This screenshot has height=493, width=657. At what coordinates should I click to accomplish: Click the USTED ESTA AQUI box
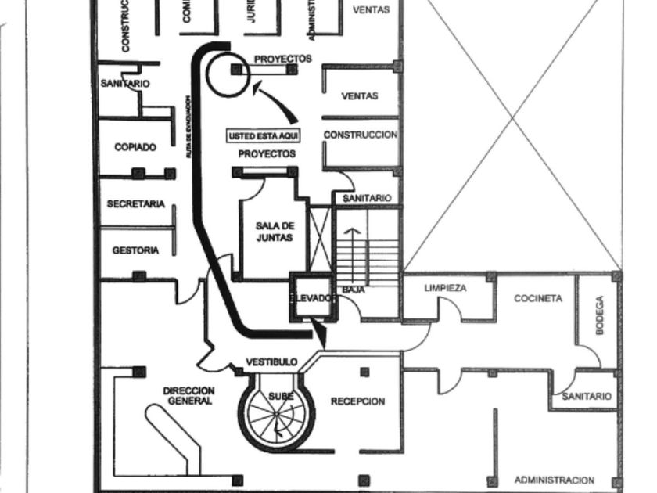[263, 136]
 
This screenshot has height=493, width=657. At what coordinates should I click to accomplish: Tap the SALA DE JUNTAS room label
[275, 232]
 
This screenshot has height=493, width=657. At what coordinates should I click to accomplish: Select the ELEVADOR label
[312, 298]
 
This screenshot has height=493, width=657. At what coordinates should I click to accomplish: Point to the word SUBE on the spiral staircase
[281, 397]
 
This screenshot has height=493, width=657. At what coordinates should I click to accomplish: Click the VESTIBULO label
[271, 362]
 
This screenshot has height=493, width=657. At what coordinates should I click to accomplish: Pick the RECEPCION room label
[357, 401]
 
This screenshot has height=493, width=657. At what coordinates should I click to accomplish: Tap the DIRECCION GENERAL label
[188, 396]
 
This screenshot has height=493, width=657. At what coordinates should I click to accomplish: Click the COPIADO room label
[135, 147]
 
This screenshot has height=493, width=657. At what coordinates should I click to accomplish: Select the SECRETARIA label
[135, 204]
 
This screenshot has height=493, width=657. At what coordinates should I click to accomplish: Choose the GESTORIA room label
[135, 250]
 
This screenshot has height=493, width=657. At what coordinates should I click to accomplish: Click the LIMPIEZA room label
[445, 288]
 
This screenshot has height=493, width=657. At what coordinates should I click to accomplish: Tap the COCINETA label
[537, 298]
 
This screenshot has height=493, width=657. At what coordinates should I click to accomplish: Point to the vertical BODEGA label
[600, 315]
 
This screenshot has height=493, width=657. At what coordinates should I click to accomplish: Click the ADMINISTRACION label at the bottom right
[554, 480]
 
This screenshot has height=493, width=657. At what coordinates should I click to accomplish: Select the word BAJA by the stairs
[354, 290]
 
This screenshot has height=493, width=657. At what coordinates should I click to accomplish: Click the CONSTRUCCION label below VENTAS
[360, 135]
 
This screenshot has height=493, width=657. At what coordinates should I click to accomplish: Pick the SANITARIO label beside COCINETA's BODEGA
[587, 397]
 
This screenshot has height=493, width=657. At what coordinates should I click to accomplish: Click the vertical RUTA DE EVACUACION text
[188, 128]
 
